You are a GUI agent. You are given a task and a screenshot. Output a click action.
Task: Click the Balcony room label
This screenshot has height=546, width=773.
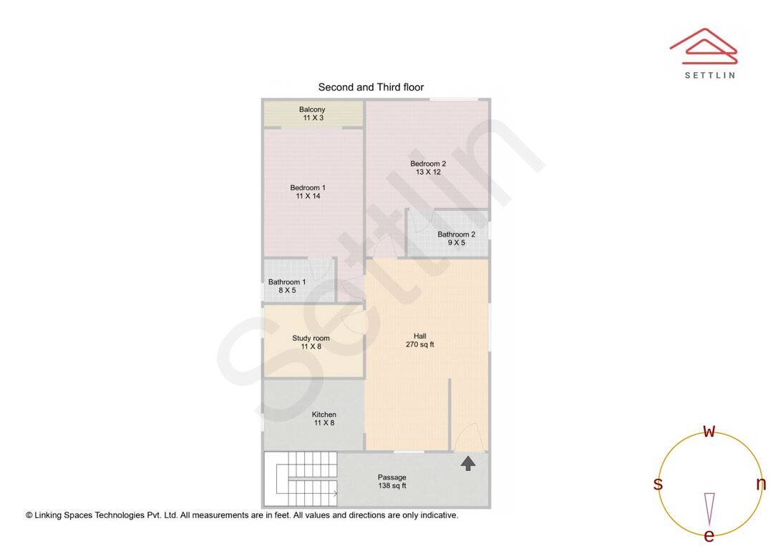(x=312, y=109)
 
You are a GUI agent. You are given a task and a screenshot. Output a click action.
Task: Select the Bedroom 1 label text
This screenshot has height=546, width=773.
(x=308, y=187)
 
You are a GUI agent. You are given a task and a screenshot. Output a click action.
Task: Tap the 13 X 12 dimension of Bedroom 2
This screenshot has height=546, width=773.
(x=428, y=172)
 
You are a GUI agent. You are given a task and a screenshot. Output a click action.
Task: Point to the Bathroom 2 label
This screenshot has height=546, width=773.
(x=457, y=234)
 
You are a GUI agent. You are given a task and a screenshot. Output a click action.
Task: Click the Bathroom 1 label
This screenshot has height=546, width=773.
(x=287, y=282)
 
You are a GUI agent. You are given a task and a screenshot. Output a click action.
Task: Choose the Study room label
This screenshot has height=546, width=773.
(x=311, y=338)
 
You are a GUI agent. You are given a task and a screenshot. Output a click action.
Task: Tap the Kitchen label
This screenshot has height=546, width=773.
(x=324, y=415)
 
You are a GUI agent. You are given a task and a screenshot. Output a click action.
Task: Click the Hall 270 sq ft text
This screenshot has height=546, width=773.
(x=420, y=340)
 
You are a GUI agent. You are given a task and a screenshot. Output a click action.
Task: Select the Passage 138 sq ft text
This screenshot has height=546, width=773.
(x=392, y=482)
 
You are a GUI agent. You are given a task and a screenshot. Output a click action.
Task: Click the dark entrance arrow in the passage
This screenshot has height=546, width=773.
(x=468, y=463)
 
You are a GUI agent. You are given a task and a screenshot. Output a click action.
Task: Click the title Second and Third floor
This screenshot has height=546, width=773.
(x=371, y=87)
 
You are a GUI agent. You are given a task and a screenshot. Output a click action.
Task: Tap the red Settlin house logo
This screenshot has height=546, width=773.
(x=704, y=46)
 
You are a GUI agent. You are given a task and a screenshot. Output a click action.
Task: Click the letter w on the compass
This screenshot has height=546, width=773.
(x=709, y=431)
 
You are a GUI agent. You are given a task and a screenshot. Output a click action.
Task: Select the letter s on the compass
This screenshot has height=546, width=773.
(x=658, y=484)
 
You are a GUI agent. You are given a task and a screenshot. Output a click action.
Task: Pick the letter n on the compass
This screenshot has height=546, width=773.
(x=761, y=484)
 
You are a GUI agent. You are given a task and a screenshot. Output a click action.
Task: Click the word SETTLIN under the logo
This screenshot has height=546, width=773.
(x=710, y=75)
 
